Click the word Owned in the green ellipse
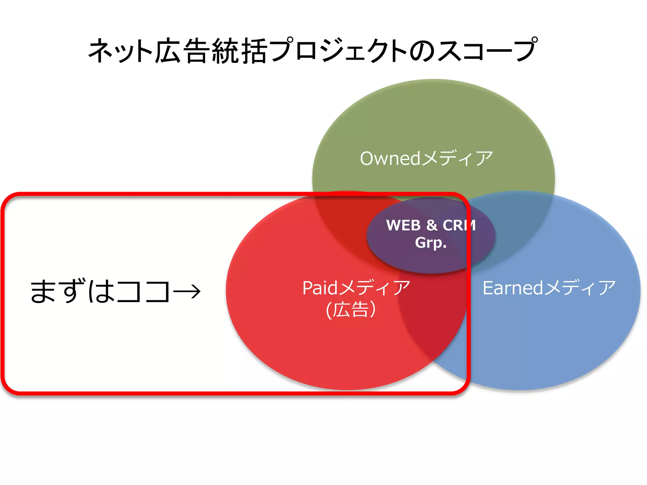[x=390, y=159]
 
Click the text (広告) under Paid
[x=351, y=309]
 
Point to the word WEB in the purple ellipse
[x=403, y=225]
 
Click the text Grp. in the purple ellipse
[x=431, y=243]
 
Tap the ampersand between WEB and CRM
[x=432, y=225]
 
